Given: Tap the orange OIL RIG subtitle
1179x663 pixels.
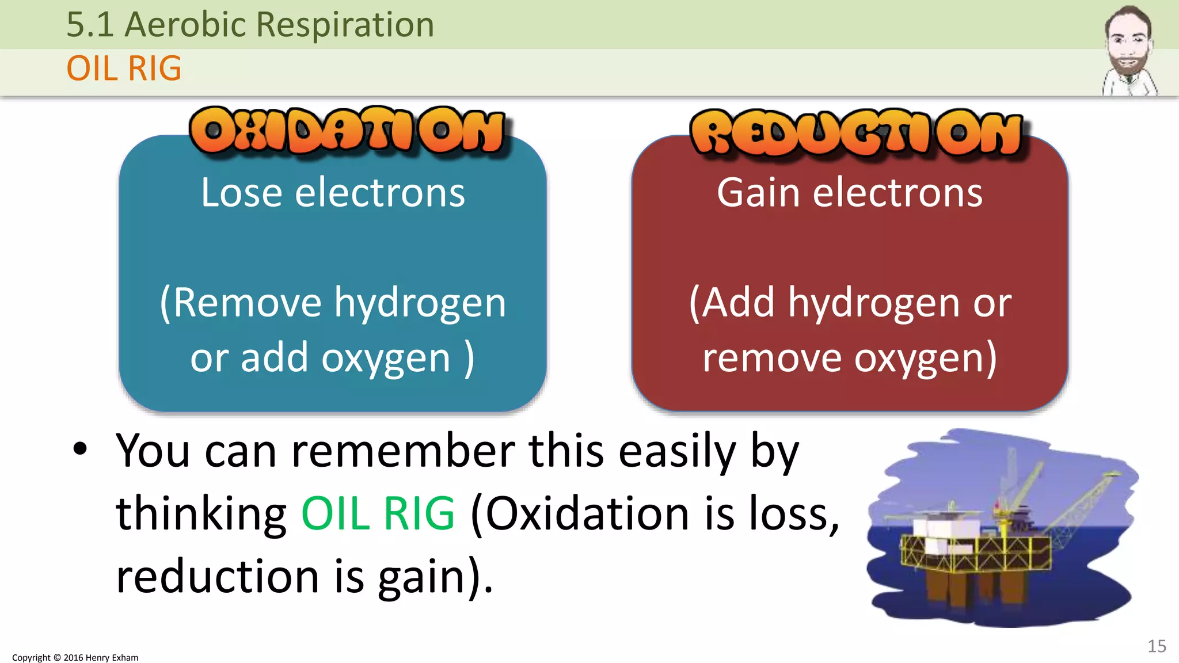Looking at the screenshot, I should pos(124,68).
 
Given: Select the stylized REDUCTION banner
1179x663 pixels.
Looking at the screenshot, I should pos(856,133).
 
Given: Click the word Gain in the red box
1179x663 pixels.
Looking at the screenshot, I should pos(758,193).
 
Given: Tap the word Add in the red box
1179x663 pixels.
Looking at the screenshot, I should pos(739,303).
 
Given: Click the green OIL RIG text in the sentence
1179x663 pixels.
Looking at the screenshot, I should pos(378,513).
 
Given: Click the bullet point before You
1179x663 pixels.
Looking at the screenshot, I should pos(80,449).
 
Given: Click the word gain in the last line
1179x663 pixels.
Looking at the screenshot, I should pos(421,577).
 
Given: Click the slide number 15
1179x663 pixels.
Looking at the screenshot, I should pos(1157,646).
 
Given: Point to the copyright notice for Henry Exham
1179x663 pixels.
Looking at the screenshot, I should pos(75,657).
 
